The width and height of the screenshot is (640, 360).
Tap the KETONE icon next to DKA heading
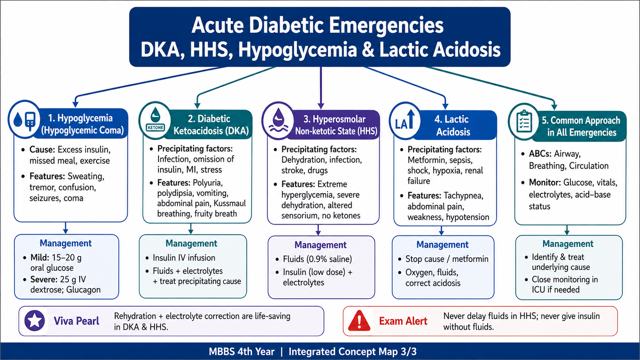point(155,120)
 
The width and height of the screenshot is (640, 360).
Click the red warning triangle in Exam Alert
point(360,321)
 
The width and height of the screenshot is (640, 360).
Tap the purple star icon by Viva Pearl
point(34,321)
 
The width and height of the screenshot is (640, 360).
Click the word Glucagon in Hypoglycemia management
point(83,290)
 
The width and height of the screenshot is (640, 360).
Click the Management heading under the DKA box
point(192,243)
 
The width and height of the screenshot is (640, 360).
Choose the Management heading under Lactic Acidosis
point(442,244)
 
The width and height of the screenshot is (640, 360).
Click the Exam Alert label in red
point(403,321)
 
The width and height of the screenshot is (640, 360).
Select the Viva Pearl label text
point(76,321)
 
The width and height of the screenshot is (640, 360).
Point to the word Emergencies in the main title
point(386,26)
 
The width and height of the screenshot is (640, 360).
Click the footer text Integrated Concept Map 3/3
point(352,352)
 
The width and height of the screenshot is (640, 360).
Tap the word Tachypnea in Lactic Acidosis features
point(463,196)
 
